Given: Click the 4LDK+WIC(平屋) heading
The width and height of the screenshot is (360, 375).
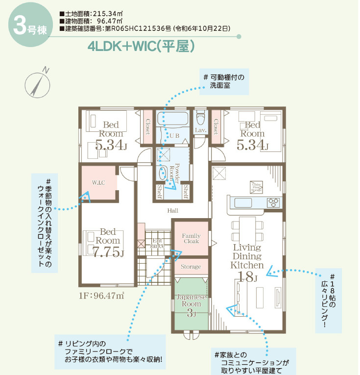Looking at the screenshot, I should click(142, 47).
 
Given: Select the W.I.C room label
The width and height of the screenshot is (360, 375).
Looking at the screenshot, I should click(99, 182).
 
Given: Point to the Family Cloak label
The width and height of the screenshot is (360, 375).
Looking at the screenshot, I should click(191, 239).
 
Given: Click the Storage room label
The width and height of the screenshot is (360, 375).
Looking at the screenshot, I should click(191, 267).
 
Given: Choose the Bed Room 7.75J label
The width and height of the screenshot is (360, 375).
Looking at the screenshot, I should click(108, 243).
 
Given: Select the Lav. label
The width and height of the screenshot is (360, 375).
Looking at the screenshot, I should click(200, 130).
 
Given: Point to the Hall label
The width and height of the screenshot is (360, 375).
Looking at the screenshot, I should click(172, 210).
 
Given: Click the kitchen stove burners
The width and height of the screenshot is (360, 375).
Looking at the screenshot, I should click(272, 202).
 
